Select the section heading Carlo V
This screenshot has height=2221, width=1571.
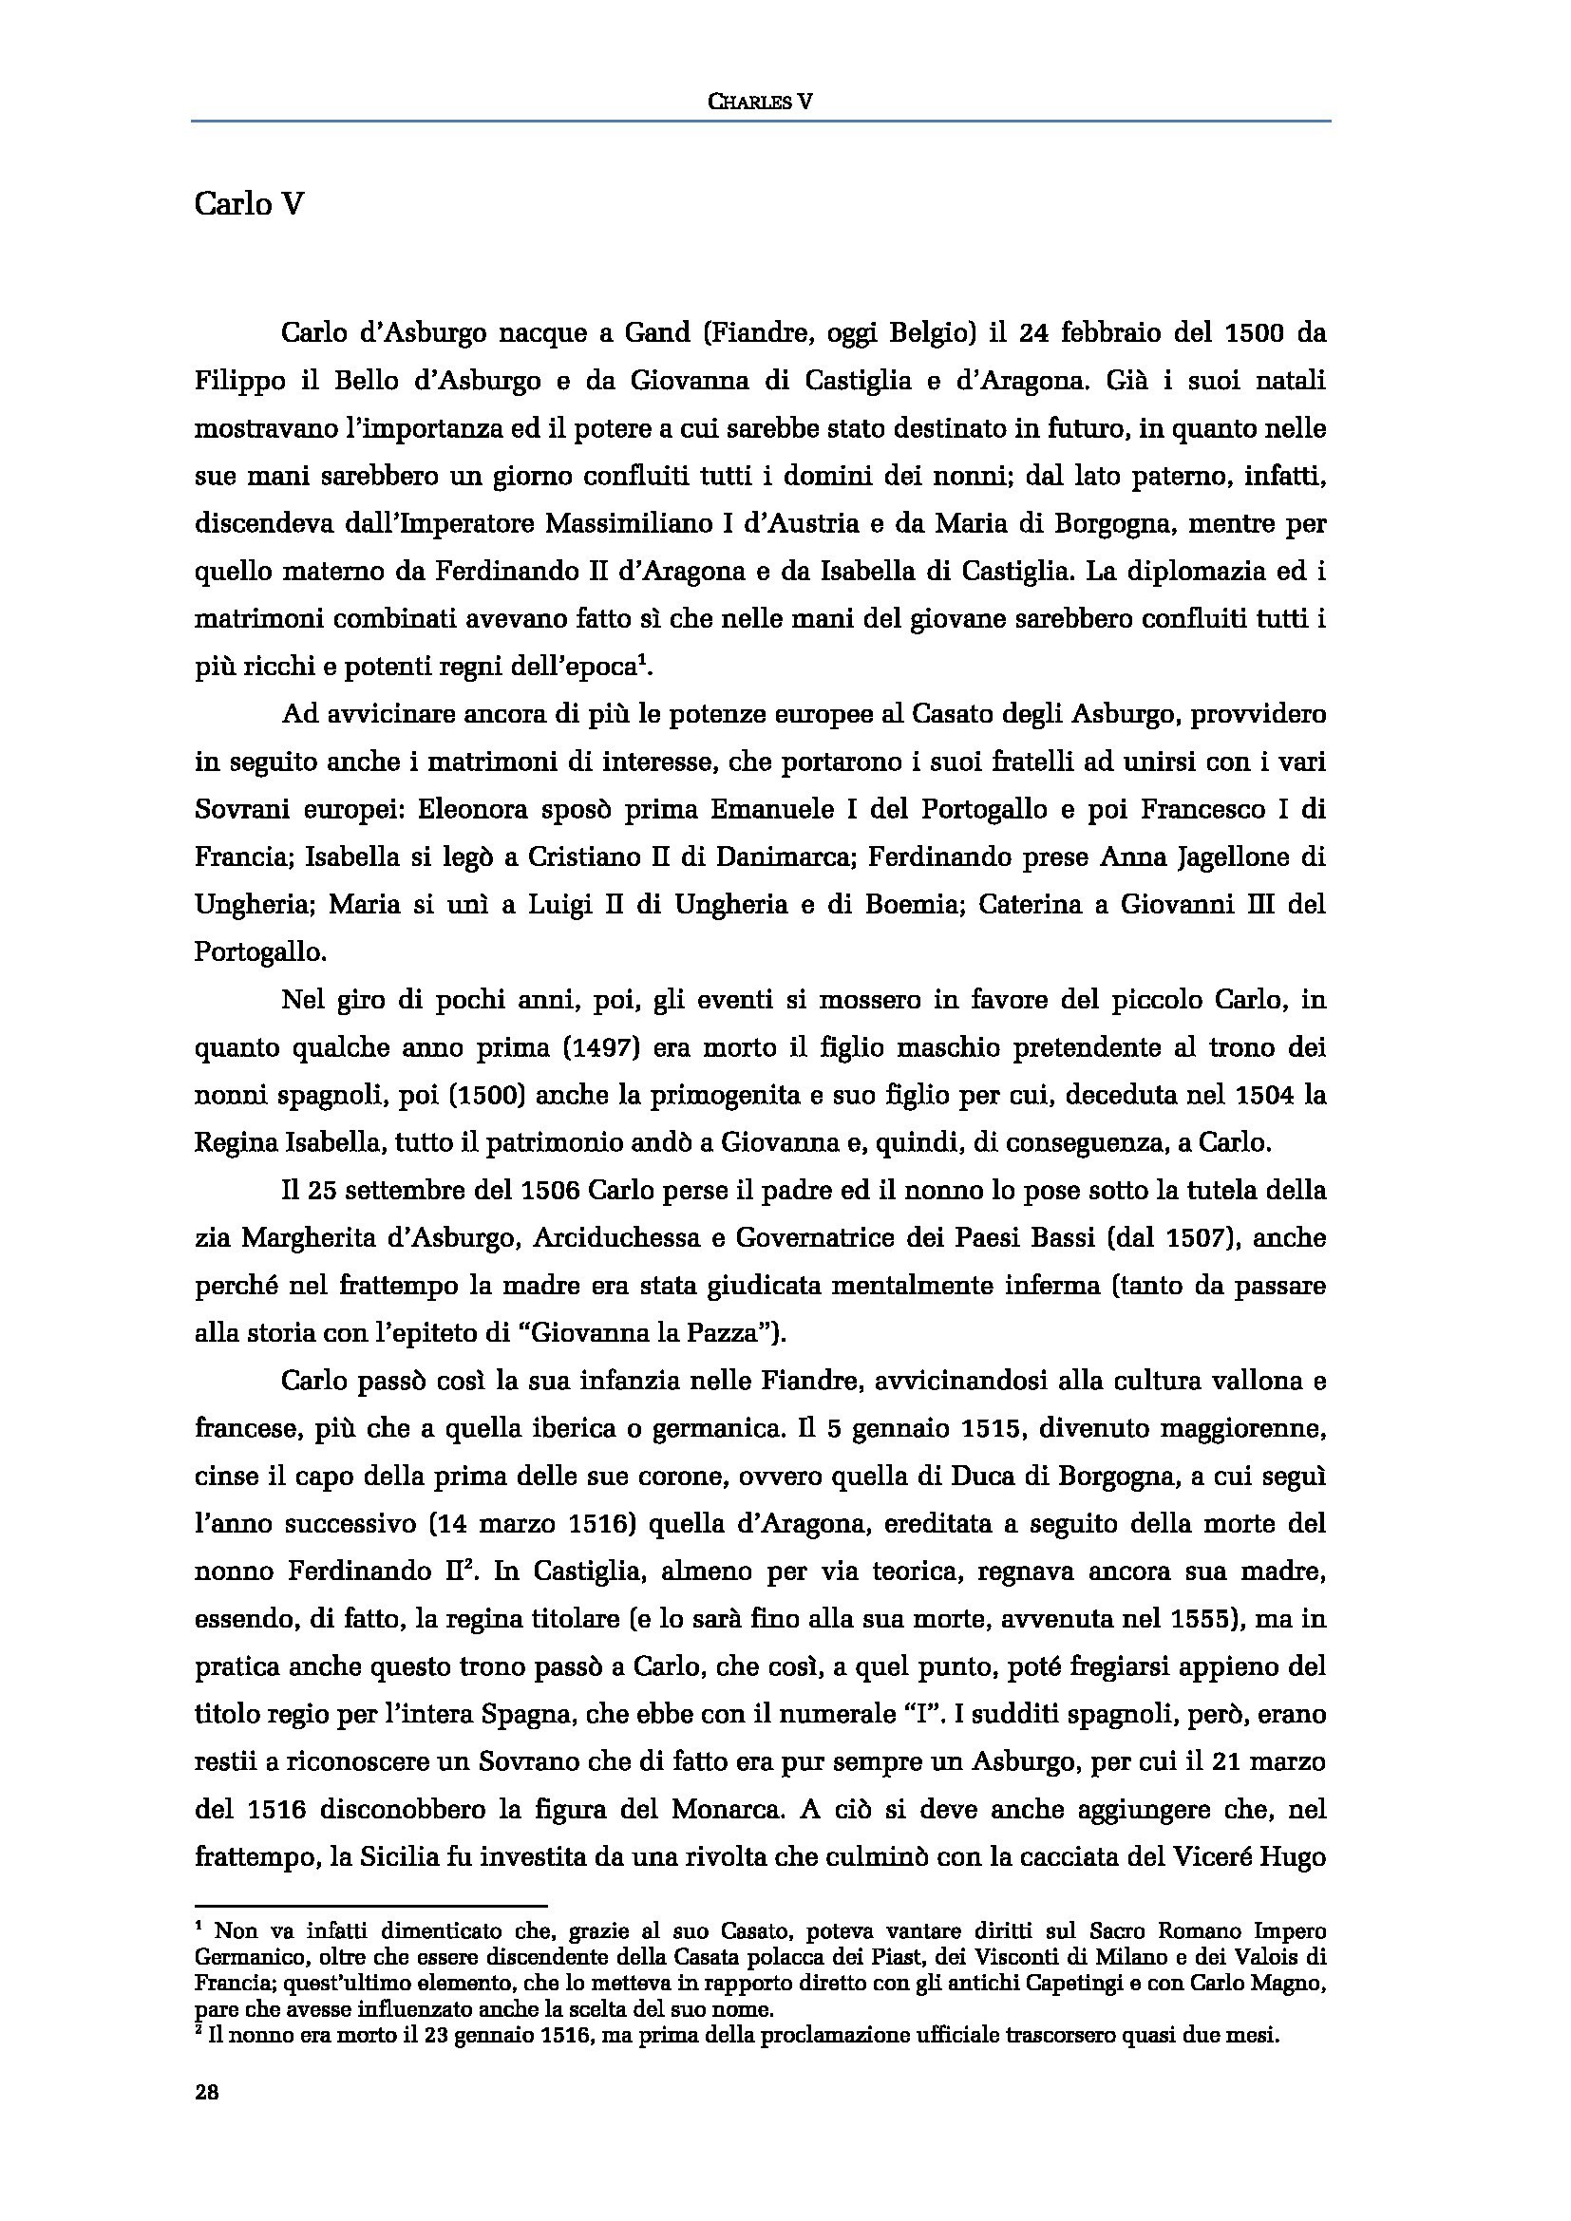[x=250, y=205]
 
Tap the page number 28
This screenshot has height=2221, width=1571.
[x=207, y=2093]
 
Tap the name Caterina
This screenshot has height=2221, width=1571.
[x=1039, y=905]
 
